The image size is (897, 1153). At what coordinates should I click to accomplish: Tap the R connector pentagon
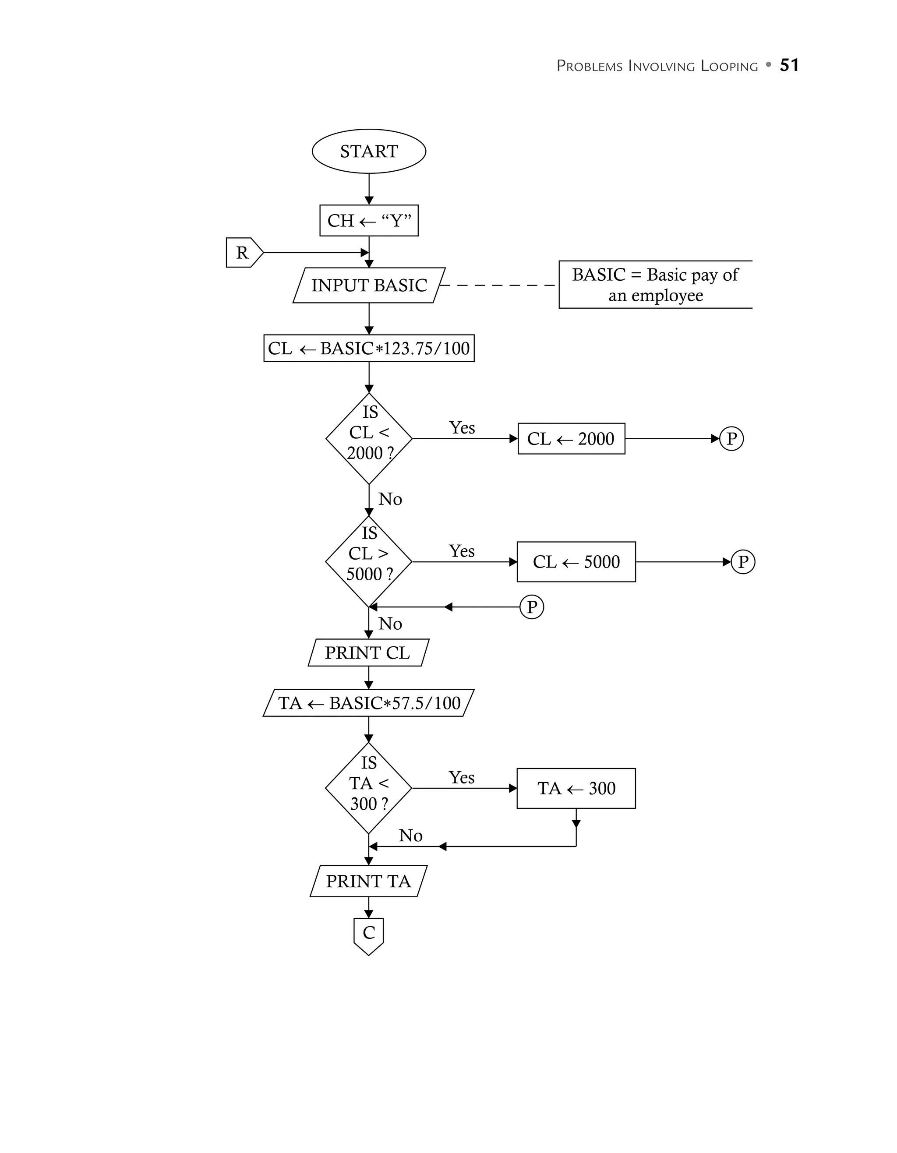tap(243, 253)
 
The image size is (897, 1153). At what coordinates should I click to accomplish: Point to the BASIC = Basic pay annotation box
tap(655, 285)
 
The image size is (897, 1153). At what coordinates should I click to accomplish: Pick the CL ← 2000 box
tap(571, 439)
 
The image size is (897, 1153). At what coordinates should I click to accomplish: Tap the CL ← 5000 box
tap(576, 562)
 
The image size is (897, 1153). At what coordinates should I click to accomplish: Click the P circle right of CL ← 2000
tap(731, 439)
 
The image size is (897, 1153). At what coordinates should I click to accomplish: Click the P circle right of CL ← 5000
tap(743, 562)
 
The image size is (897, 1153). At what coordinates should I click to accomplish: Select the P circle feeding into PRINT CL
tap(532, 607)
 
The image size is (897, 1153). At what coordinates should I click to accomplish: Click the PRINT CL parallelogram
tap(368, 653)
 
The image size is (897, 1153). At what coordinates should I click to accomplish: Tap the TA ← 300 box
tap(576, 789)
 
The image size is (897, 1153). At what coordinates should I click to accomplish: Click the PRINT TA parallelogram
tap(368, 881)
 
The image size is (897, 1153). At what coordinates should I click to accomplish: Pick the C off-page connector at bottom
tap(368, 934)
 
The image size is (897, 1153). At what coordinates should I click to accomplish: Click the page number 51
tap(789, 65)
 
